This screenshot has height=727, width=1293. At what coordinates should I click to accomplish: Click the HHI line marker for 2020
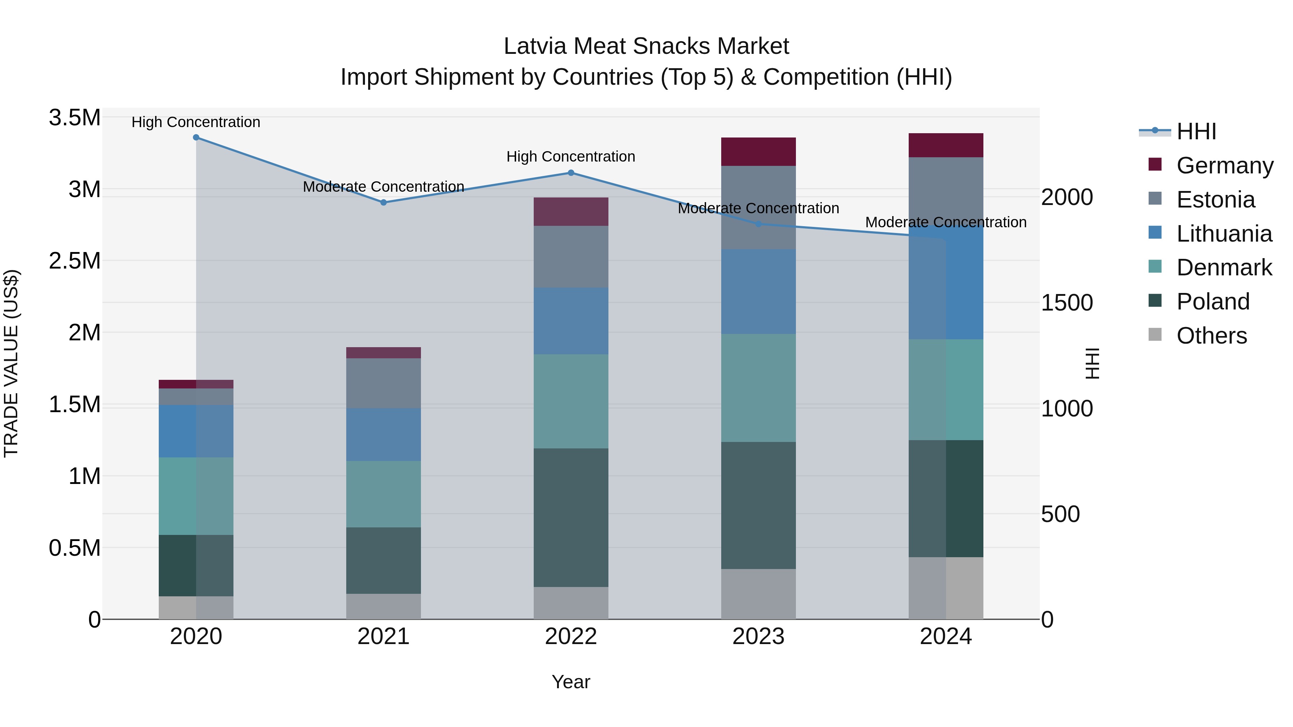click(x=196, y=138)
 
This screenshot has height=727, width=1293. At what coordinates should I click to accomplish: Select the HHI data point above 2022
click(x=571, y=173)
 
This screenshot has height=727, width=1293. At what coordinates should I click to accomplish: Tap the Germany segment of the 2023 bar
click(x=759, y=152)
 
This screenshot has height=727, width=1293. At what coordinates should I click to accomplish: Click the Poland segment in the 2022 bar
click(x=571, y=517)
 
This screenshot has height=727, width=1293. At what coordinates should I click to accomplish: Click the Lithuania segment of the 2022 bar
click(x=571, y=321)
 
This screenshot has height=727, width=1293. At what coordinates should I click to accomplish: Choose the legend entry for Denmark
click(x=1224, y=267)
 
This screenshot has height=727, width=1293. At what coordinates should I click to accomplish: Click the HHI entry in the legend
click(x=1196, y=131)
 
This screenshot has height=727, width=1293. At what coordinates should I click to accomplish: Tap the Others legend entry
click(x=1211, y=336)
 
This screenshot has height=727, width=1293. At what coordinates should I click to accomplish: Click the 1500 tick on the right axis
click(x=1067, y=303)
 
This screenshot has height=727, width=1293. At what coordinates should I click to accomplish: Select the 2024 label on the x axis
click(x=946, y=637)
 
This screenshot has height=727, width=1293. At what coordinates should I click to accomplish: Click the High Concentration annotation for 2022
click(x=571, y=157)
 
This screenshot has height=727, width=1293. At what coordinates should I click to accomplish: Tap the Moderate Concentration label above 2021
click(x=384, y=187)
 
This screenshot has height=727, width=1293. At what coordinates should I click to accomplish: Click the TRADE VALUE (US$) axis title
click(x=11, y=363)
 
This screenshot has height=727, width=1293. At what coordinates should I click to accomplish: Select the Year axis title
click(x=571, y=682)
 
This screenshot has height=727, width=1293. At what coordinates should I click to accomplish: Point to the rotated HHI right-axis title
click(x=1092, y=363)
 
